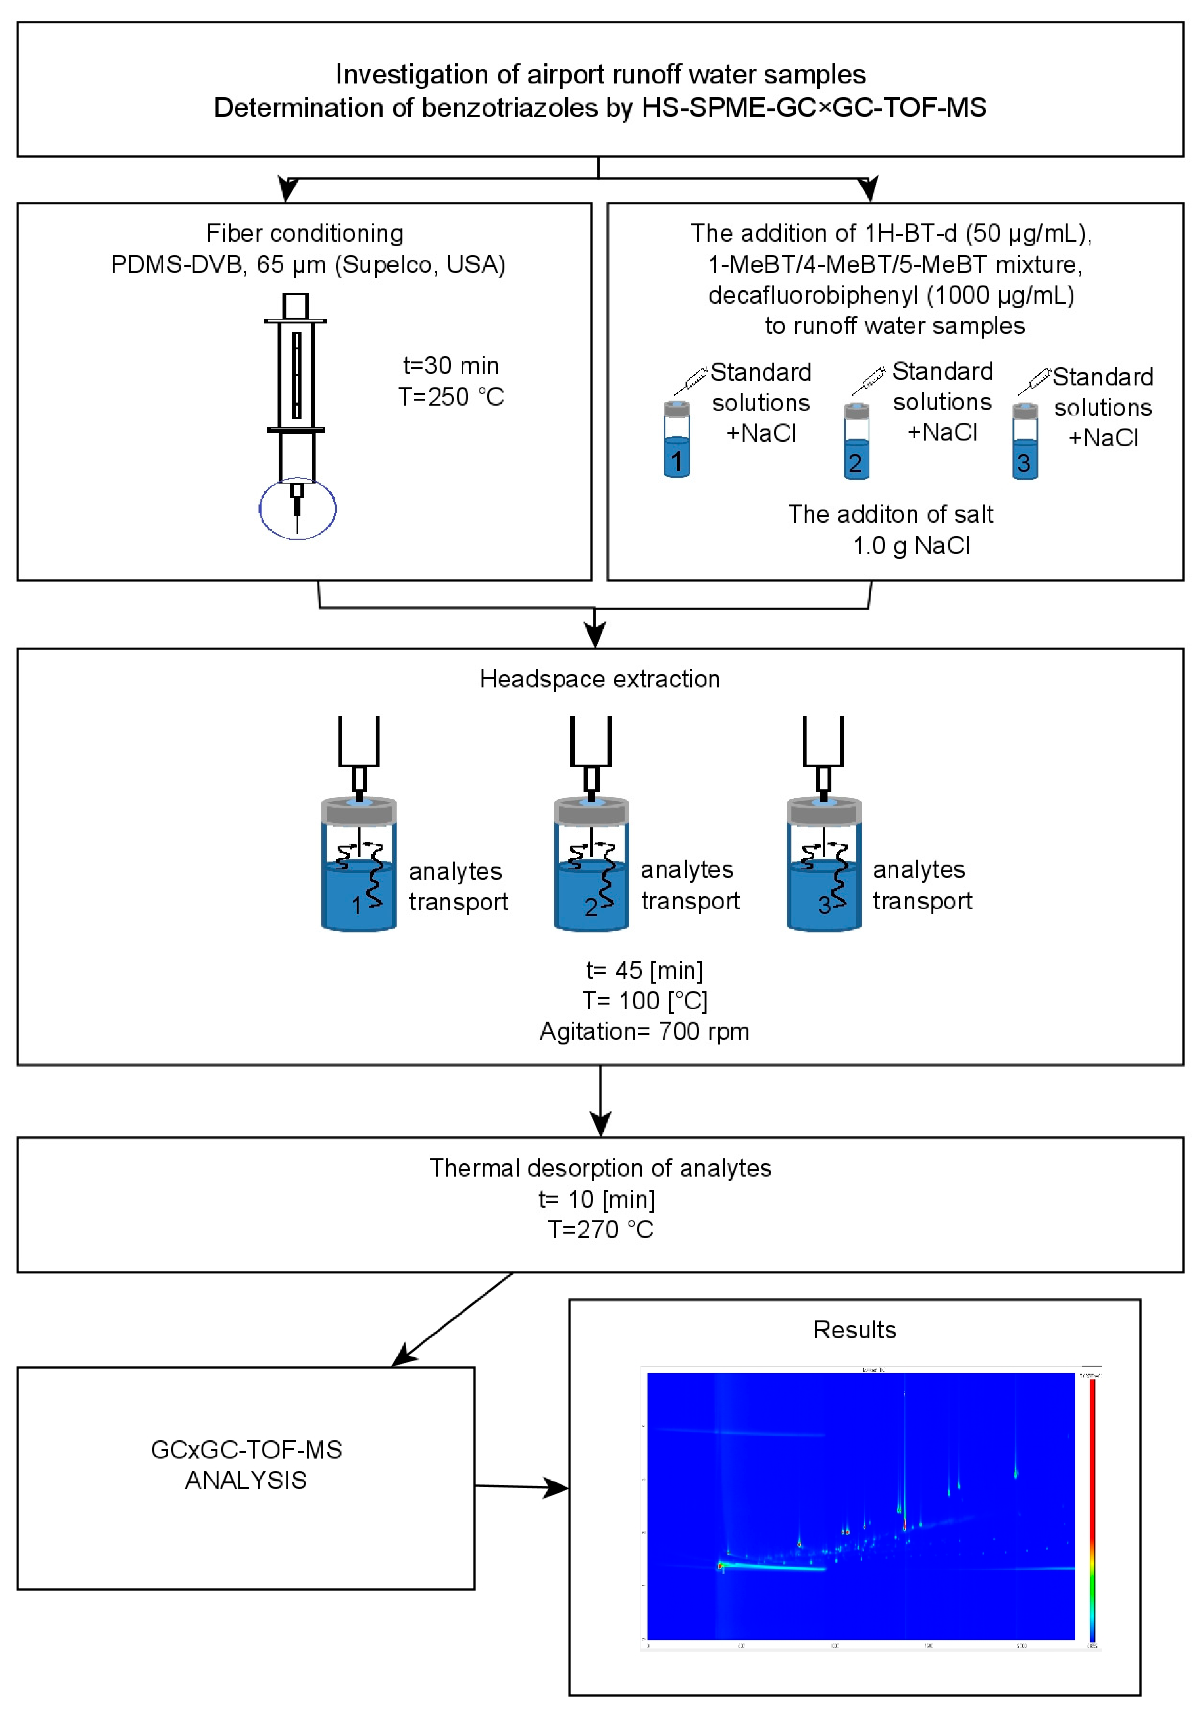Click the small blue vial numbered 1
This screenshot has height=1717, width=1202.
click(x=676, y=441)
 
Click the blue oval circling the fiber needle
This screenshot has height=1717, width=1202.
click(x=297, y=509)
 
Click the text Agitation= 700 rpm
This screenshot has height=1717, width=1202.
click(x=644, y=1031)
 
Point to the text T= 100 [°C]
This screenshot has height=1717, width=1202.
click(x=644, y=1001)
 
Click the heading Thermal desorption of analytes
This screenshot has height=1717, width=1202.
click(x=600, y=1168)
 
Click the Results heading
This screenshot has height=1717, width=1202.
click(x=854, y=1330)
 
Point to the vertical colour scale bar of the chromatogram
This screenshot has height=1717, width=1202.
click(x=1092, y=1511)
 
